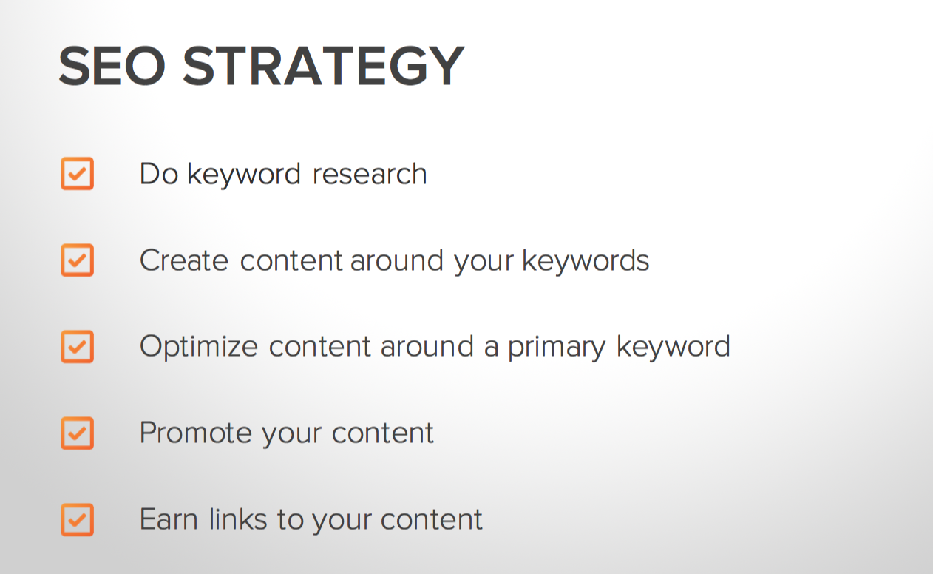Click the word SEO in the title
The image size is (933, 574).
click(112, 66)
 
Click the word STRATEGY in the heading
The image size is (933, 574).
click(324, 66)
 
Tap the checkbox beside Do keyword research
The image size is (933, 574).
click(78, 173)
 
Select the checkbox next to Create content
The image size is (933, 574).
click(78, 260)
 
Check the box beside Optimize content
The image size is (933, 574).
click(78, 347)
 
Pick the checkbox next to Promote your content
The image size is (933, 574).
click(78, 433)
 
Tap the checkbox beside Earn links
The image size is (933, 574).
click(78, 520)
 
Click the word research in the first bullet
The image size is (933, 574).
click(370, 174)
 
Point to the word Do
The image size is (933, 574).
click(159, 173)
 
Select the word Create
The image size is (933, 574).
click(184, 260)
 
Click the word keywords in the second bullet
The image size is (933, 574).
click(586, 260)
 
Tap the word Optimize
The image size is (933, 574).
click(199, 347)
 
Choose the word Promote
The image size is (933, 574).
click(196, 433)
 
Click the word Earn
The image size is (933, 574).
click(169, 519)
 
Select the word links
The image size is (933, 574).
click(238, 519)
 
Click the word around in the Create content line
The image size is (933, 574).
click(397, 260)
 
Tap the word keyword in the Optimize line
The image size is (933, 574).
click(674, 347)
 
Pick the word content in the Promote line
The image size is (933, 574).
click(383, 433)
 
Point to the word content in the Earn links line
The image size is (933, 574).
click(432, 520)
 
